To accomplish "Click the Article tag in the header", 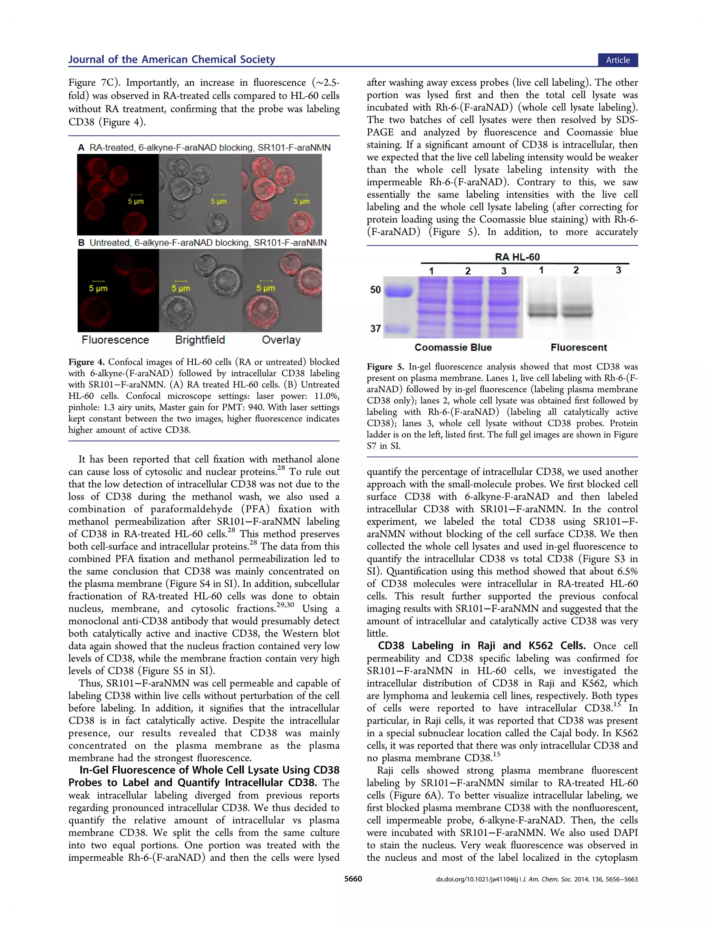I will (x=617, y=60).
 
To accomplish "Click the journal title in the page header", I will (x=172, y=59).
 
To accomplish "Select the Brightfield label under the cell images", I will (x=200, y=340).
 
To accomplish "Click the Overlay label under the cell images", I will (x=281, y=340).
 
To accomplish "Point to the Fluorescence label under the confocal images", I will (x=115, y=340).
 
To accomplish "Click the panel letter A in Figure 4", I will (x=81, y=148).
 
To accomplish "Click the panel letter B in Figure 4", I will (x=81, y=243).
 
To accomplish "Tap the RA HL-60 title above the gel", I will (x=517, y=257).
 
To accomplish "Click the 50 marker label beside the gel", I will (x=375, y=290).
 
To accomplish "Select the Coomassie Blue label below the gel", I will (x=453, y=347).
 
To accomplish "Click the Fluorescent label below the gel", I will (x=579, y=347).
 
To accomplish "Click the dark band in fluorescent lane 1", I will (x=542, y=312).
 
